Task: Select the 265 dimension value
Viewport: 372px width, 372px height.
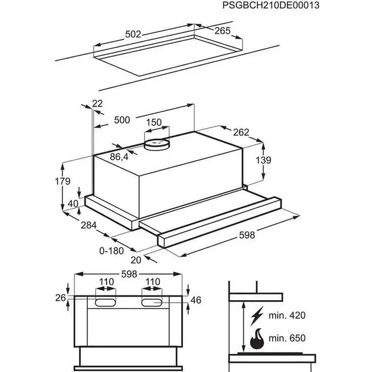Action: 222,31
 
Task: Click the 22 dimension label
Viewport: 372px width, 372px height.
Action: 97,104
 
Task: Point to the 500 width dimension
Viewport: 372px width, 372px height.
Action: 122,120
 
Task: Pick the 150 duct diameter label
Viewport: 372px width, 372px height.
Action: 154,122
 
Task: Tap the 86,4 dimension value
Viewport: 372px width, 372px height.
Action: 119,157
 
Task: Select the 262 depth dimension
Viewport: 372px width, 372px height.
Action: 241,132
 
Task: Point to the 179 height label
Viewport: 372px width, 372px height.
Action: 62,181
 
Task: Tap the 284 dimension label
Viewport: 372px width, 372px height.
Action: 89,226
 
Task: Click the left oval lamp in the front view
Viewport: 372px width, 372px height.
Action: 104,302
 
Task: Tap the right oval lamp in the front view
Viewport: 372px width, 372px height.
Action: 153,302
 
